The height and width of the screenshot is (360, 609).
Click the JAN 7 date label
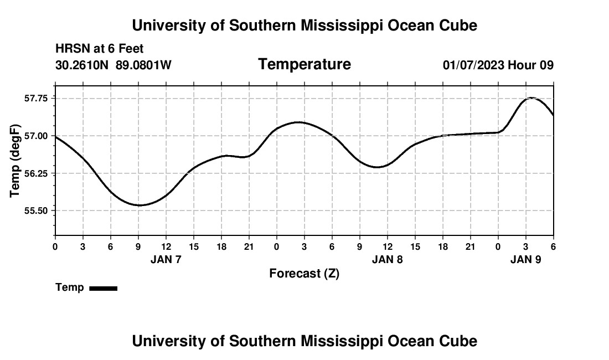(166, 259)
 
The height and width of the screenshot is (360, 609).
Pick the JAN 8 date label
(388, 259)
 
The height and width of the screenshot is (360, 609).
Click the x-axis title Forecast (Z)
(304, 274)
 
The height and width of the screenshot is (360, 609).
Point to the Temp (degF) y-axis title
(16, 161)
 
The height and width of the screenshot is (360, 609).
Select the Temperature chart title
(304, 64)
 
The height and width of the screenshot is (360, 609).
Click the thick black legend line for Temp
(103, 288)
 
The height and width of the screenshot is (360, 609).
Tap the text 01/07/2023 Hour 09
(498, 65)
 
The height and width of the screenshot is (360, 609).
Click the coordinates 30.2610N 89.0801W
(113, 65)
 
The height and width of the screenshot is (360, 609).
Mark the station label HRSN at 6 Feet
(100, 49)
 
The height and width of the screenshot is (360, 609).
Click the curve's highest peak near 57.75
(531, 98)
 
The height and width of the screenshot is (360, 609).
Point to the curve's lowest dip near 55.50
(140, 205)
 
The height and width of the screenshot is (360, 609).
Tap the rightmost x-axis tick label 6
(553, 246)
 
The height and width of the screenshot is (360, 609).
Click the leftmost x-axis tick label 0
(55, 246)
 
